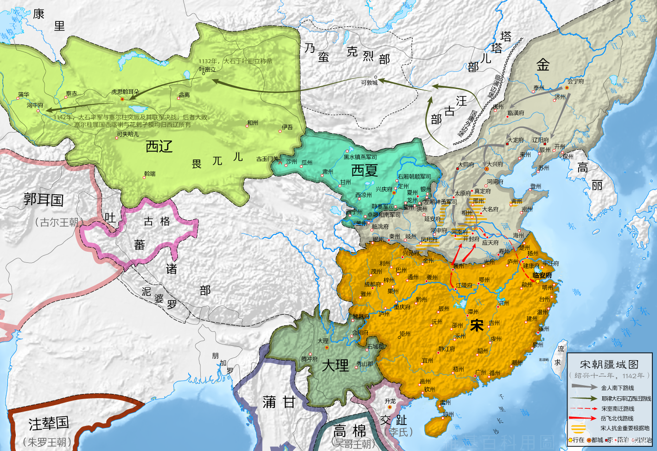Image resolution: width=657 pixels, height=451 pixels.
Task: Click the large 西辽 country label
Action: (159, 146)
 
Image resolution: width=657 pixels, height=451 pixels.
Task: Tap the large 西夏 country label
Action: (364, 170)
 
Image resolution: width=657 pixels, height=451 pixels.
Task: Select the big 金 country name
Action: (543, 64)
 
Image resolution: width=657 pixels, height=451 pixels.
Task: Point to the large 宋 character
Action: (477, 325)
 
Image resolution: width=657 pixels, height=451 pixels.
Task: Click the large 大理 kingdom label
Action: (335, 365)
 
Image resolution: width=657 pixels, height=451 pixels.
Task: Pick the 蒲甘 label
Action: (279, 402)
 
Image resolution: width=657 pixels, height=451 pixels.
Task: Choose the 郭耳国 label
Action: (44, 200)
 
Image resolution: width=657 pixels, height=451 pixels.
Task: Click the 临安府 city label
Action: (542, 275)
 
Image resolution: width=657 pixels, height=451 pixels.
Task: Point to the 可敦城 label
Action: (369, 83)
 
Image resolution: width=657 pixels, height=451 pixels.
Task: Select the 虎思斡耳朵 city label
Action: (125, 92)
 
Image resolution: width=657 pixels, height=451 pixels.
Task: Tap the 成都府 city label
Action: (372, 284)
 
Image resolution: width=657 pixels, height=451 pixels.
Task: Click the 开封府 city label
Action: (471, 239)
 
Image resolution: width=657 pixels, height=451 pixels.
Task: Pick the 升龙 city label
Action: (390, 401)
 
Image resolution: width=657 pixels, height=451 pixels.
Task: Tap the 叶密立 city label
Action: (207, 69)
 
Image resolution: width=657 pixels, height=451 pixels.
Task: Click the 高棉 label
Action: (349, 431)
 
